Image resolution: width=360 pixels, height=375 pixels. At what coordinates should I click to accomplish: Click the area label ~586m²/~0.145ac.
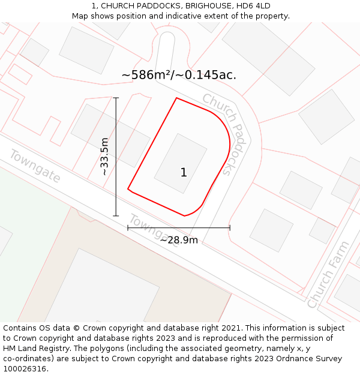(x=179, y=75)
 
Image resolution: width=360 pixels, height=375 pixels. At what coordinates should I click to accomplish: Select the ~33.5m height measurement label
(x=105, y=156)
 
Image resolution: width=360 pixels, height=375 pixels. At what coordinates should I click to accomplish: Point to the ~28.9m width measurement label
(x=179, y=240)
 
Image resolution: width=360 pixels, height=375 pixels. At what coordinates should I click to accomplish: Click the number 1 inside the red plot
(x=184, y=173)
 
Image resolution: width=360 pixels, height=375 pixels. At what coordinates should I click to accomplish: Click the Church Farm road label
(x=328, y=275)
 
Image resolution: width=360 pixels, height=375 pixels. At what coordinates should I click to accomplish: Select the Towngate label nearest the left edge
(x=35, y=166)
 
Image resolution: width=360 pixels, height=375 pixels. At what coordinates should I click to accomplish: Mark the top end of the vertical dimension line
(x=116, y=98)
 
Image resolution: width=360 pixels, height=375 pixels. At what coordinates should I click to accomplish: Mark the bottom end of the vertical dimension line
(x=116, y=216)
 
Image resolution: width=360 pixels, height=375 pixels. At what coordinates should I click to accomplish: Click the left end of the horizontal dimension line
(x=128, y=228)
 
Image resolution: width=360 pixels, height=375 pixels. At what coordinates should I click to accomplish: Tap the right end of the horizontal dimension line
(x=230, y=228)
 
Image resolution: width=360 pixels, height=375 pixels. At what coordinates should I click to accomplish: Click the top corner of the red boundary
(x=176, y=98)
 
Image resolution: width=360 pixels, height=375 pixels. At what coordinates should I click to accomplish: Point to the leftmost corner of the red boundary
(x=128, y=190)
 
